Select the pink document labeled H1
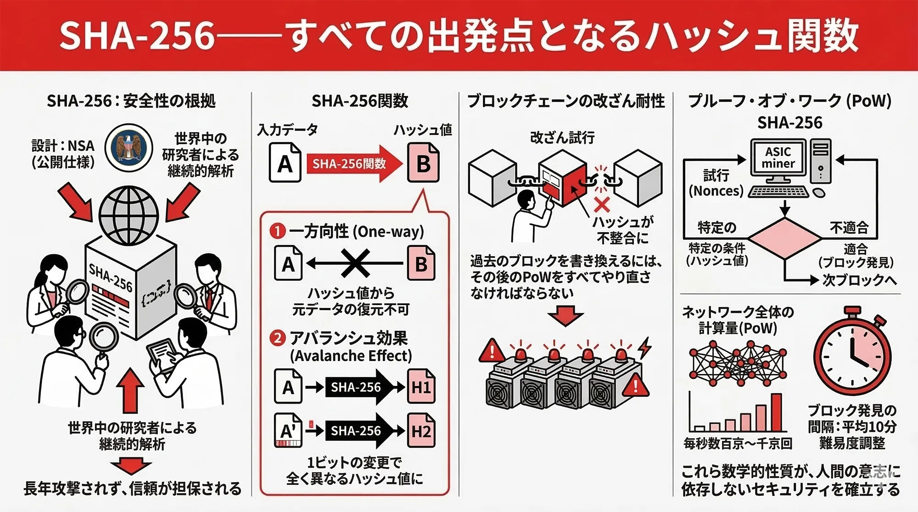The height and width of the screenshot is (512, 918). (421, 387)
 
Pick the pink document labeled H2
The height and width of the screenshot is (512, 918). (421, 431)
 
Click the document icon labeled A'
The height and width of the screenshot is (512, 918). (288, 430)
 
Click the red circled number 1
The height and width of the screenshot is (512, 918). (278, 231)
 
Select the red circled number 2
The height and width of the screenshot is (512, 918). (278, 338)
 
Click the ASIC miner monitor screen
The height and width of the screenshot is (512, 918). (778, 158)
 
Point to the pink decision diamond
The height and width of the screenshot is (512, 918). (785, 239)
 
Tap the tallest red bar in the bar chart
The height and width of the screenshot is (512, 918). (776, 412)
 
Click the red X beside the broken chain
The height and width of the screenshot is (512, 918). (602, 205)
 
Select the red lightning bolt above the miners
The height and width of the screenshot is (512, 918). (645, 347)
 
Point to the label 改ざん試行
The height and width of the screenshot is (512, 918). (562, 137)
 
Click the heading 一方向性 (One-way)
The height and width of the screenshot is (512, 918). (356, 231)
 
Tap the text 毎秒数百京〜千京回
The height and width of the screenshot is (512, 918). (738, 444)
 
